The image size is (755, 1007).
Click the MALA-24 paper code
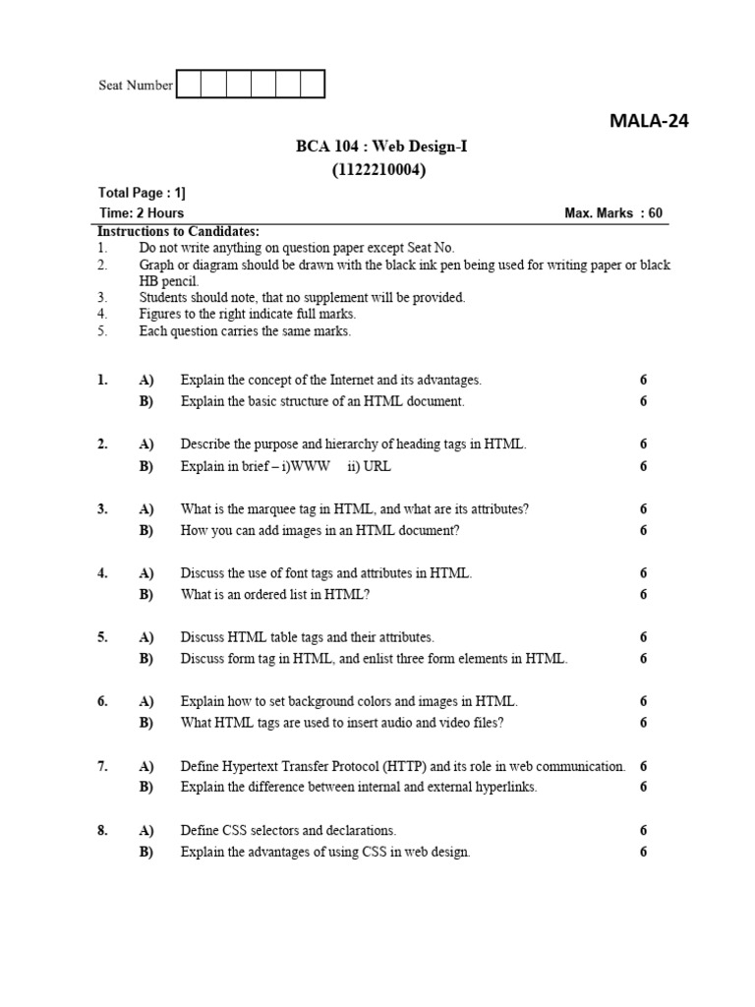tap(649, 122)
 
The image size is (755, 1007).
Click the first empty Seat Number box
tap(189, 85)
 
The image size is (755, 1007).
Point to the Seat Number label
tap(136, 86)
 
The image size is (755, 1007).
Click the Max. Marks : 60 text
tap(613, 212)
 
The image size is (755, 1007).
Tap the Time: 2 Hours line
tap(141, 212)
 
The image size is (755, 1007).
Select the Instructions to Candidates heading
tap(178, 231)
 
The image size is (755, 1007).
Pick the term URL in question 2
tap(377, 466)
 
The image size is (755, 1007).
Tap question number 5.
tap(102, 637)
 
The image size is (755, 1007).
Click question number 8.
tap(102, 831)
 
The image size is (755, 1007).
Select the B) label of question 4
tap(146, 594)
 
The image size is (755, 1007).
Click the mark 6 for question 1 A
tap(643, 380)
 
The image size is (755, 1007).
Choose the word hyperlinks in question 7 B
tap(505, 788)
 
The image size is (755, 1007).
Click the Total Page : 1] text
tap(142, 193)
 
